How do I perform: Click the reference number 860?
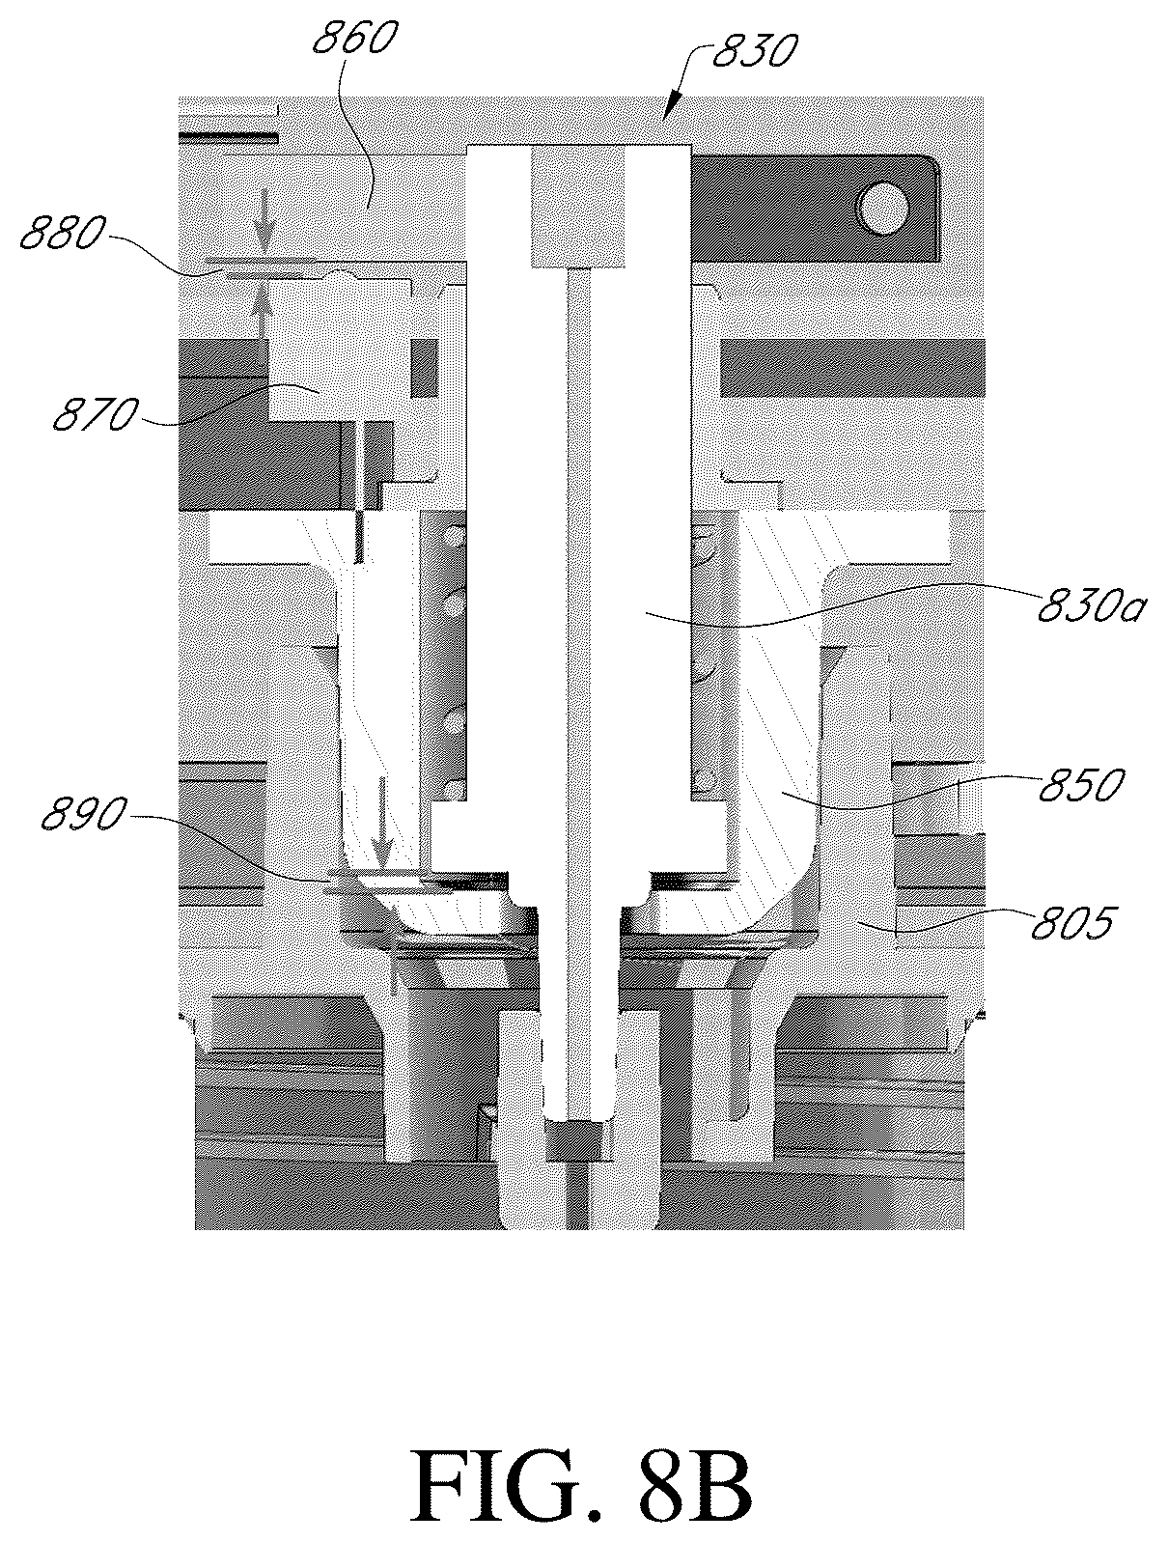354,38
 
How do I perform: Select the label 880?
63,235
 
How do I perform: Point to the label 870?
95,414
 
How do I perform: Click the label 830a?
1091,606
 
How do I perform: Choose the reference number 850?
1082,784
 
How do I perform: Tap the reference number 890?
84,816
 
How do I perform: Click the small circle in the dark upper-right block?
884,208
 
